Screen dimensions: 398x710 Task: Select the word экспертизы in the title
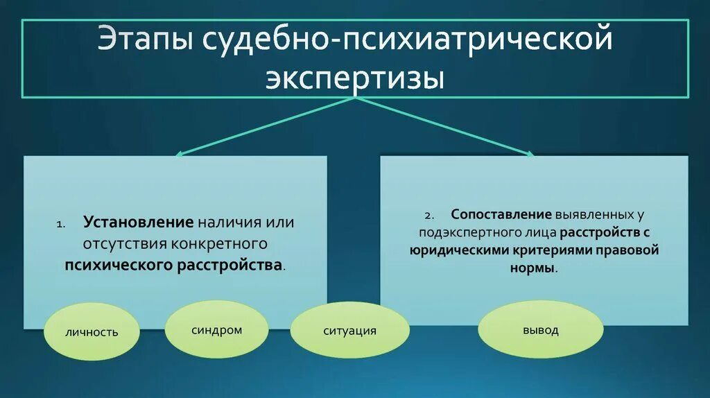click(x=354, y=76)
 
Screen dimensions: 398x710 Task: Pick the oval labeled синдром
click(x=217, y=330)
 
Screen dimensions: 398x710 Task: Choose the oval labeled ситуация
click(x=349, y=331)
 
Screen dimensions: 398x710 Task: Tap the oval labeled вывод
click(x=541, y=331)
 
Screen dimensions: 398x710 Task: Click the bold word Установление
click(x=138, y=223)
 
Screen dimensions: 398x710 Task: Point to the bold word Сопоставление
click(x=501, y=214)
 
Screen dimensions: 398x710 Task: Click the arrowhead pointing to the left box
click(x=178, y=154)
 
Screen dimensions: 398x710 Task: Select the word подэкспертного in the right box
click(x=460, y=232)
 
